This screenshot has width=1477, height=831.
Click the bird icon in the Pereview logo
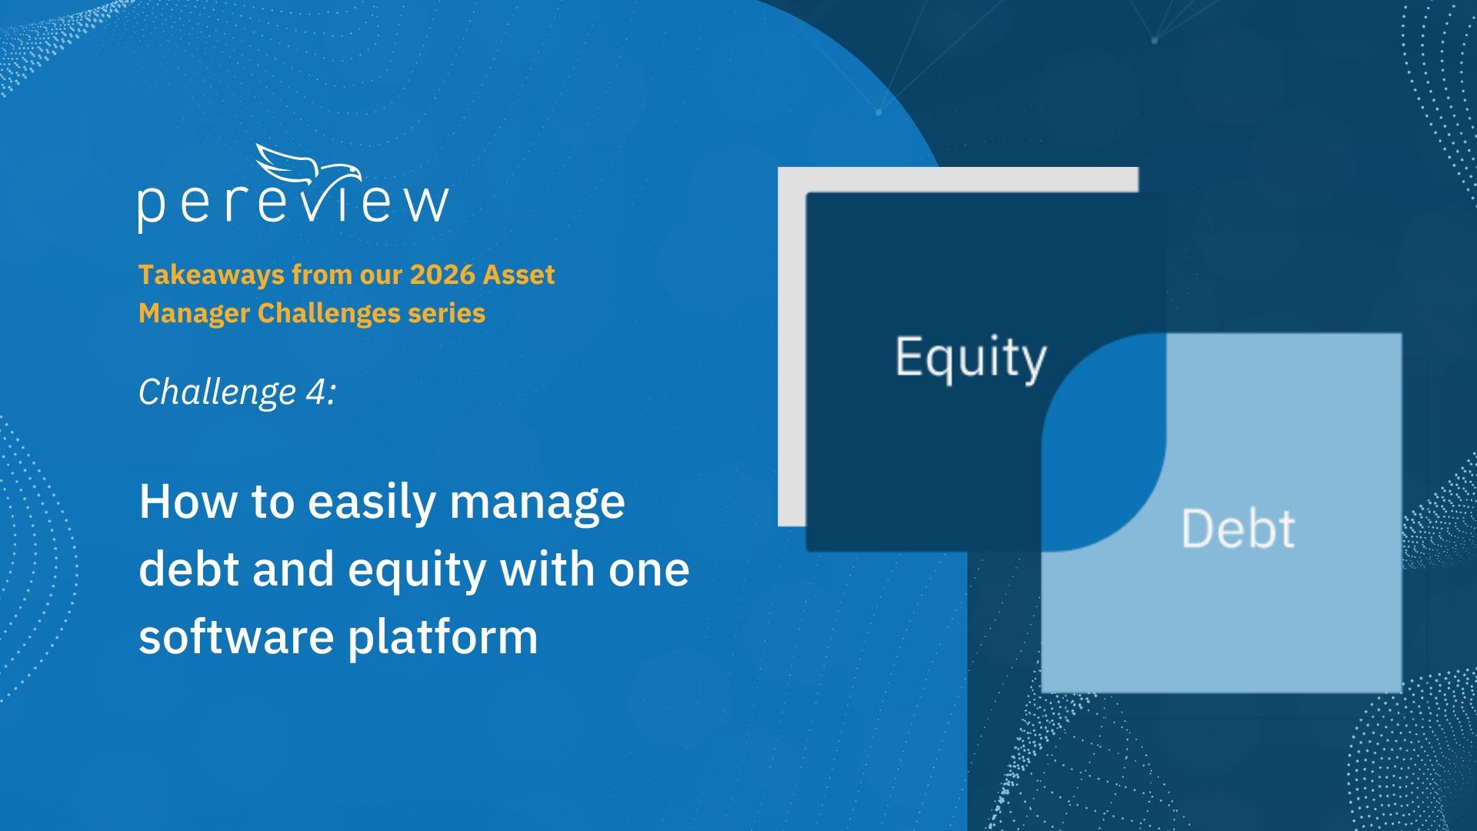308,165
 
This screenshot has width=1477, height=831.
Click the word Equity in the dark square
971,359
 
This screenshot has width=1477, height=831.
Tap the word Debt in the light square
1239,529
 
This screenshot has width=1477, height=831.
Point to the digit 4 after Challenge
316,392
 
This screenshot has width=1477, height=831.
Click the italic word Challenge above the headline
218,393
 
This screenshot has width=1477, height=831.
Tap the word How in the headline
188,502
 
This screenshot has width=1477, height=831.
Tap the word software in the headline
236,637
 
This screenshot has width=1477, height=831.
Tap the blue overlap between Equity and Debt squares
1104,442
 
